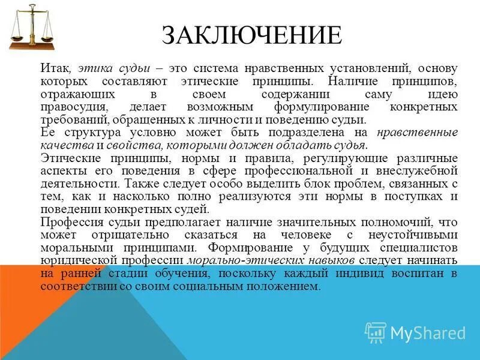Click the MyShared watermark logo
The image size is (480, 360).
[x=416, y=332]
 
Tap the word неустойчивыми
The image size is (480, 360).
[x=413, y=235]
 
